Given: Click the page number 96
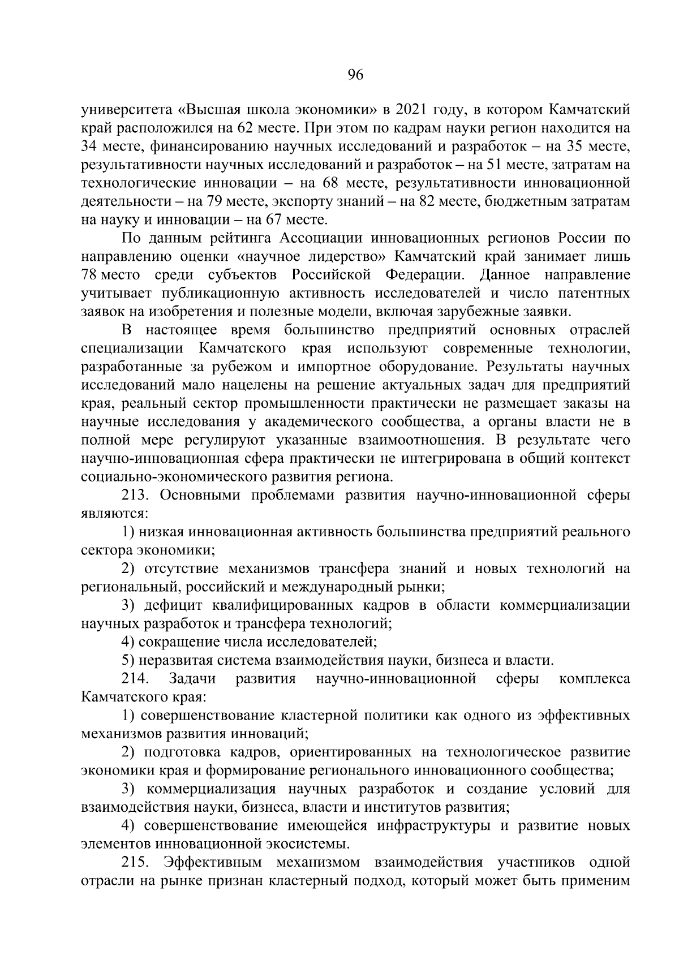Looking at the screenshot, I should coord(355,76).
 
